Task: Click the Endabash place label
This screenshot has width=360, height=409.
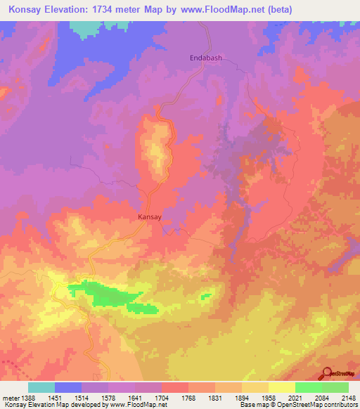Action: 206,58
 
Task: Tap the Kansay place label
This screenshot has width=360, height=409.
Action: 150,217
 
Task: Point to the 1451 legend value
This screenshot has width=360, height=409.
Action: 54,398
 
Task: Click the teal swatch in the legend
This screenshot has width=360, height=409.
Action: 41,387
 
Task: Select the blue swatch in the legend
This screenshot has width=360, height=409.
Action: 67,387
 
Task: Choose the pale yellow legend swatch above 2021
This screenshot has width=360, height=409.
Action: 281,387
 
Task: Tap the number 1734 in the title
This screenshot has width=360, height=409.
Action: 109,10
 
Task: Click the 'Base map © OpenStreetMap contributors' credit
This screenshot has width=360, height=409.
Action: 298,405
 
